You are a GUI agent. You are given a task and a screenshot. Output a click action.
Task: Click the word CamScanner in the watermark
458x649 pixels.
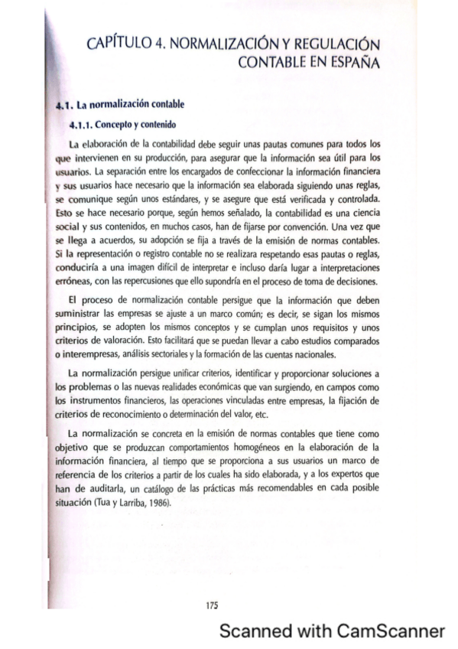pyautogui.click(x=391, y=631)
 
